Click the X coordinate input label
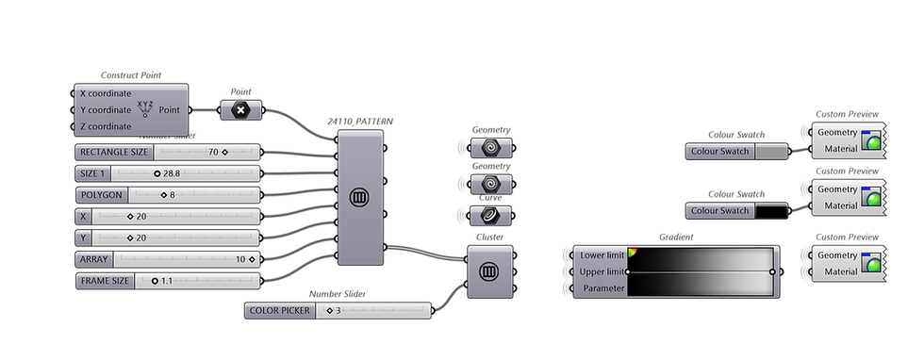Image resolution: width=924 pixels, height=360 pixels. pos(106,93)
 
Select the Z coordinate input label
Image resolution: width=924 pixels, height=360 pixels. pos(106,126)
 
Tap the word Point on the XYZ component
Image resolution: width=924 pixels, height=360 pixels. pos(170,109)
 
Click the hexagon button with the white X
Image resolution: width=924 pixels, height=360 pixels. pos(240,110)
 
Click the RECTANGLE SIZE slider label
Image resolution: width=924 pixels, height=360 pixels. pos(114,152)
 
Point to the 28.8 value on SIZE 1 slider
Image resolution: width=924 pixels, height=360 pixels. pos(171,174)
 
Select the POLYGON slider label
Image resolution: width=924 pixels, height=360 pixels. pos(102,195)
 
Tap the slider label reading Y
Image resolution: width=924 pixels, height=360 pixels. pos(85,237)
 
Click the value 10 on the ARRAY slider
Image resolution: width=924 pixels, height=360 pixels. pos(240,258)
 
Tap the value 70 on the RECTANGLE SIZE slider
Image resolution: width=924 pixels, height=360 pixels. pos(213,152)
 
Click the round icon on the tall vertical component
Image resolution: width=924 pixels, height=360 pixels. pos(359,197)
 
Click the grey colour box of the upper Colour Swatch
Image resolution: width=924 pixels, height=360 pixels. pos(771,151)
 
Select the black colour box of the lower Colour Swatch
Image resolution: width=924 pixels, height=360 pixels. pos(771,211)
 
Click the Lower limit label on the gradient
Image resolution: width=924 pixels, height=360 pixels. pos(602,255)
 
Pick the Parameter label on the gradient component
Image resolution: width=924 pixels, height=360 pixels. pos(603,287)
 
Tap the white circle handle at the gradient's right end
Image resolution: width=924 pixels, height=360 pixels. pos(772,271)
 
